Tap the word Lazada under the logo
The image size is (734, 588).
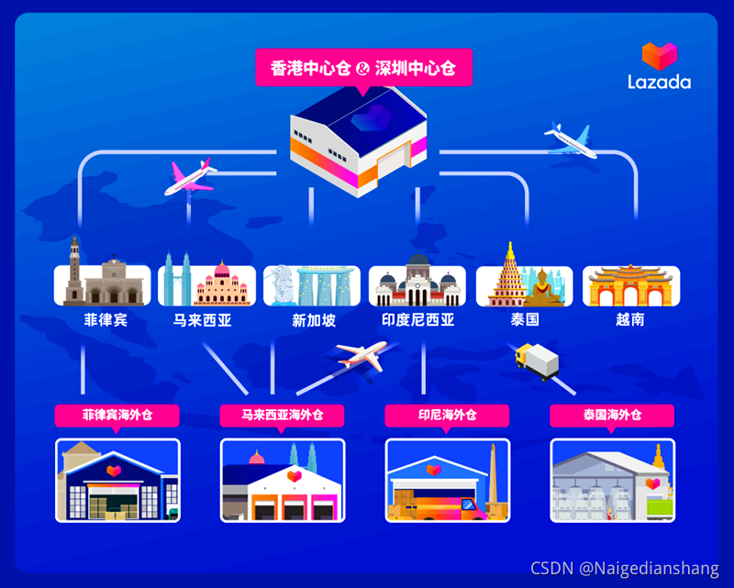(659, 82)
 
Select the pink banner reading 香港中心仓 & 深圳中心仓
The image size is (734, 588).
(363, 68)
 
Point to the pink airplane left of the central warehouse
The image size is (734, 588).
(189, 176)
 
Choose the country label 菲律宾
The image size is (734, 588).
(102, 321)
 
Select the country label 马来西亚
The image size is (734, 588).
(202, 321)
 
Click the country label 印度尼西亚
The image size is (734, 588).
(417, 321)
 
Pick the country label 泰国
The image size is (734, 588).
(525, 321)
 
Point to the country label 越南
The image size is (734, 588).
(630, 321)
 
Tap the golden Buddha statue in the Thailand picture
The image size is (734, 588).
(548, 286)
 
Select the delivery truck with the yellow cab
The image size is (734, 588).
(538, 361)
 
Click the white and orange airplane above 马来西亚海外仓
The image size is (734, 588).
(361, 355)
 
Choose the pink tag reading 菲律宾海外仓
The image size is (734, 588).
(117, 416)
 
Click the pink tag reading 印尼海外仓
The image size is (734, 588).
(447, 416)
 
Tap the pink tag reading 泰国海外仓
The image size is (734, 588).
(612, 416)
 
